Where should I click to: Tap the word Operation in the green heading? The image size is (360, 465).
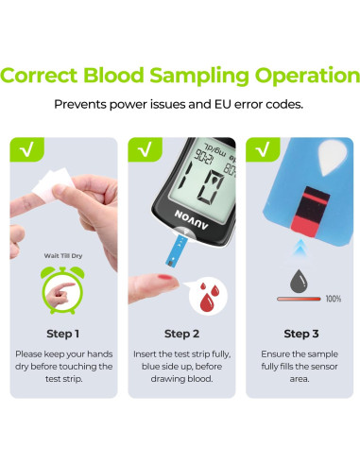point(307,77)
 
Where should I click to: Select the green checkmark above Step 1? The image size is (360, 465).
point(27,149)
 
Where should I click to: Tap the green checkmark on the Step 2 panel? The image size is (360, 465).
point(145,149)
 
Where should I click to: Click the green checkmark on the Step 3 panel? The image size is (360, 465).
point(263,149)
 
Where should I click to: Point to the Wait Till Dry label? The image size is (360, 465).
point(63,255)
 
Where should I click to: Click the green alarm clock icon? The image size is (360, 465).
point(62,290)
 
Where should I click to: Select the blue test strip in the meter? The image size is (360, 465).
point(176,251)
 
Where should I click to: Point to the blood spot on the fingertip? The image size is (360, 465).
point(165,278)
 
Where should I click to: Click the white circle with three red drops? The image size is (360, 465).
point(208,297)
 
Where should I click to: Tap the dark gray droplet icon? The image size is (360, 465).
point(299,282)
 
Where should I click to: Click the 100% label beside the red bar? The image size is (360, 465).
point(334,299)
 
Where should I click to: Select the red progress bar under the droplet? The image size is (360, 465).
point(299,299)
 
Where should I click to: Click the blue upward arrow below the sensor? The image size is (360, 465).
point(300,247)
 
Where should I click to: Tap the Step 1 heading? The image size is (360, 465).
point(62,334)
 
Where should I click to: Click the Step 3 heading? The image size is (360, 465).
point(301,334)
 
